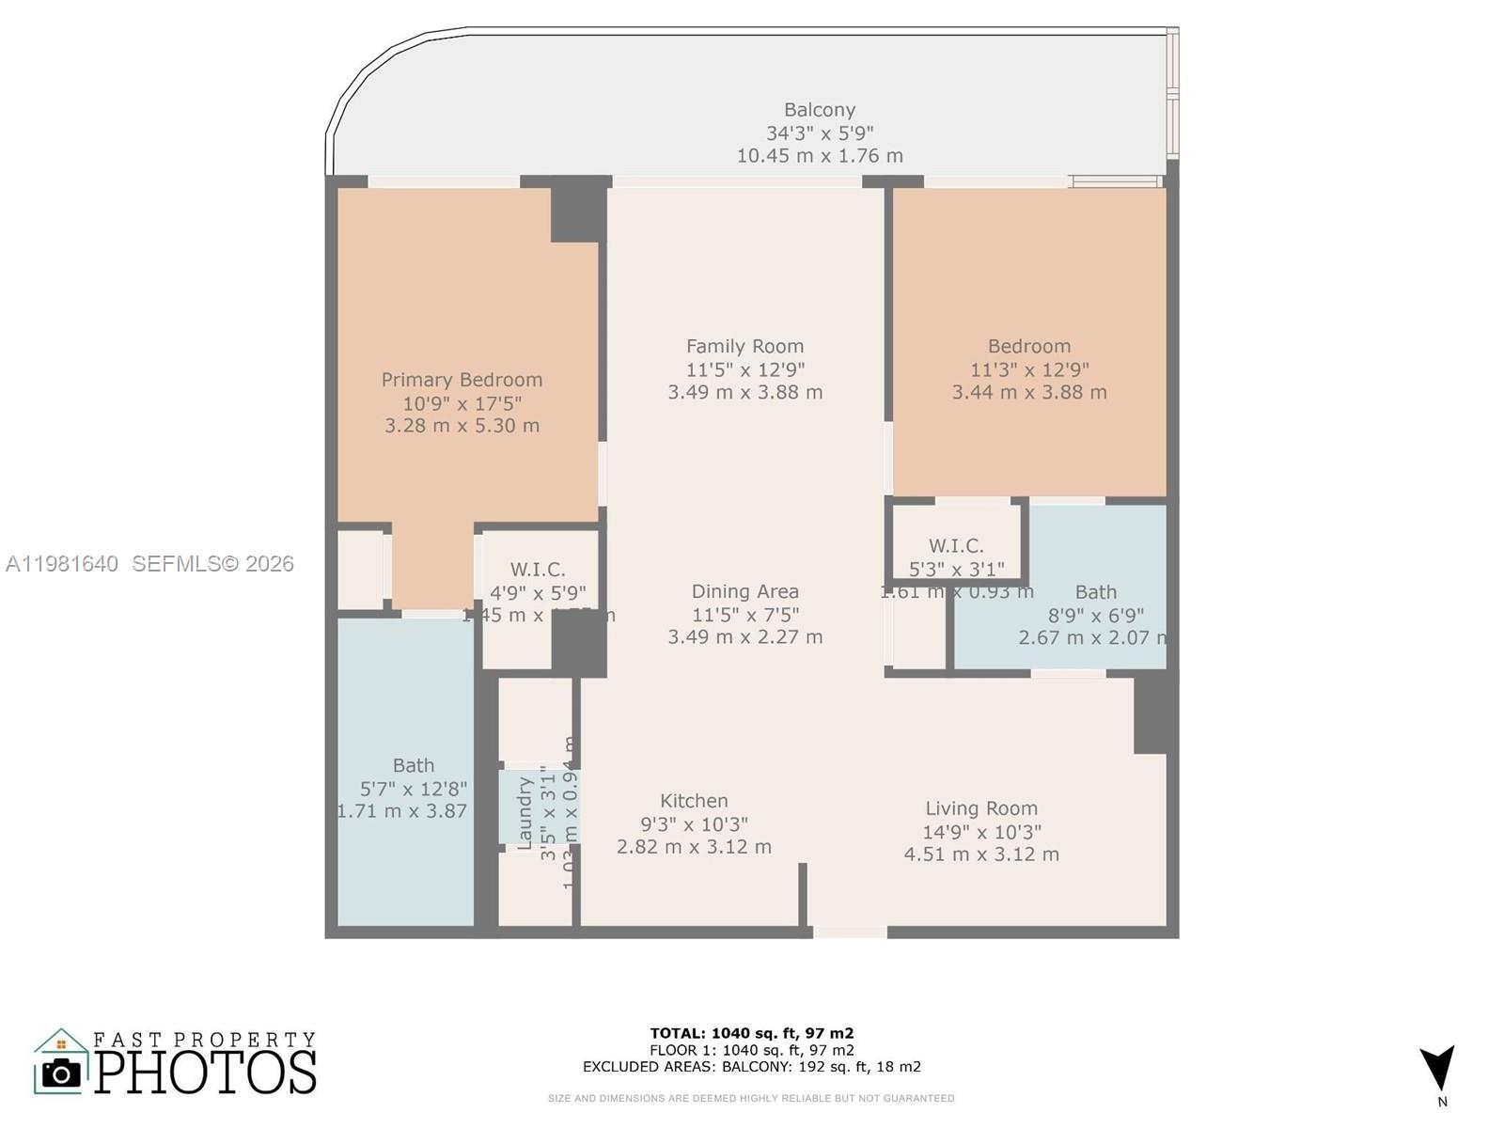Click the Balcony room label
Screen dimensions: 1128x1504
pyautogui.click(x=820, y=110)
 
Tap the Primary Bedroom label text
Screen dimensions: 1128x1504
pyautogui.click(x=462, y=380)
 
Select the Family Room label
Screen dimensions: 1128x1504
pyautogui.click(x=744, y=346)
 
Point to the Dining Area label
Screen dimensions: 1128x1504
pyautogui.click(x=744, y=591)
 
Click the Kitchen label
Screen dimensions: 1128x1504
pyautogui.click(x=694, y=801)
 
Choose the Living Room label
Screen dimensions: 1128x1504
pyautogui.click(x=981, y=808)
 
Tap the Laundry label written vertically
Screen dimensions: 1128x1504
pyautogui.click(x=525, y=813)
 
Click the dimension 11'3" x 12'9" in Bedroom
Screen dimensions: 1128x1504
pyautogui.click(x=1029, y=369)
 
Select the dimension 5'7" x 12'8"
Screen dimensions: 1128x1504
pyautogui.click(x=414, y=789)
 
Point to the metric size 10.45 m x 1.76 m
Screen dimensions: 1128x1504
pyautogui.click(x=820, y=156)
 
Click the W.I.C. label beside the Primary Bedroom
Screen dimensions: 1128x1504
pyautogui.click(x=538, y=570)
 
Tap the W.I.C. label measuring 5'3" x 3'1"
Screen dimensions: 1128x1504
pyautogui.click(x=956, y=546)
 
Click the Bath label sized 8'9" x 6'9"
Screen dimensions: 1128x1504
pyautogui.click(x=1095, y=592)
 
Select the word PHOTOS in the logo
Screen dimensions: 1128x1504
pyautogui.click(x=205, y=1073)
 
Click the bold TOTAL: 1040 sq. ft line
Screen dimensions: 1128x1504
pyautogui.click(x=751, y=1033)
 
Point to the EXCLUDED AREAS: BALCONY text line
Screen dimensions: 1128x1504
pyautogui.click(x=751, y=1067)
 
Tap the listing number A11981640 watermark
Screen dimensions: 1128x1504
pyautogui.click(x=62, y=564)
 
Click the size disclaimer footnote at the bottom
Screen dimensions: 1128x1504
pyautogui.click(x=751, y=1098)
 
